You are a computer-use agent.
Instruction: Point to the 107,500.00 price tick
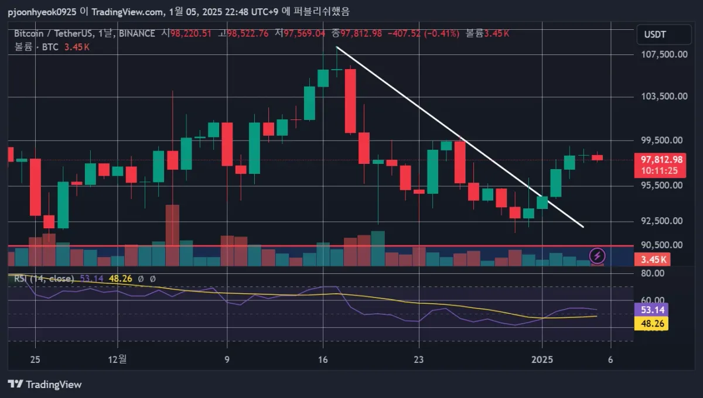[663, 54]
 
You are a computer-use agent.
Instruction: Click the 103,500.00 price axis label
[663, 96]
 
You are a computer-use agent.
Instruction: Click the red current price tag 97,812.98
[661, 159]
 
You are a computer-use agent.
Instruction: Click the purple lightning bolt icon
[598, 255]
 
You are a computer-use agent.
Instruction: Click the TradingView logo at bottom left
[45, 385]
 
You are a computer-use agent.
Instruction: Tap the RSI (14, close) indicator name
[45, 279]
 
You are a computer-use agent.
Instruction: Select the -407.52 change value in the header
[404, 34]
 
